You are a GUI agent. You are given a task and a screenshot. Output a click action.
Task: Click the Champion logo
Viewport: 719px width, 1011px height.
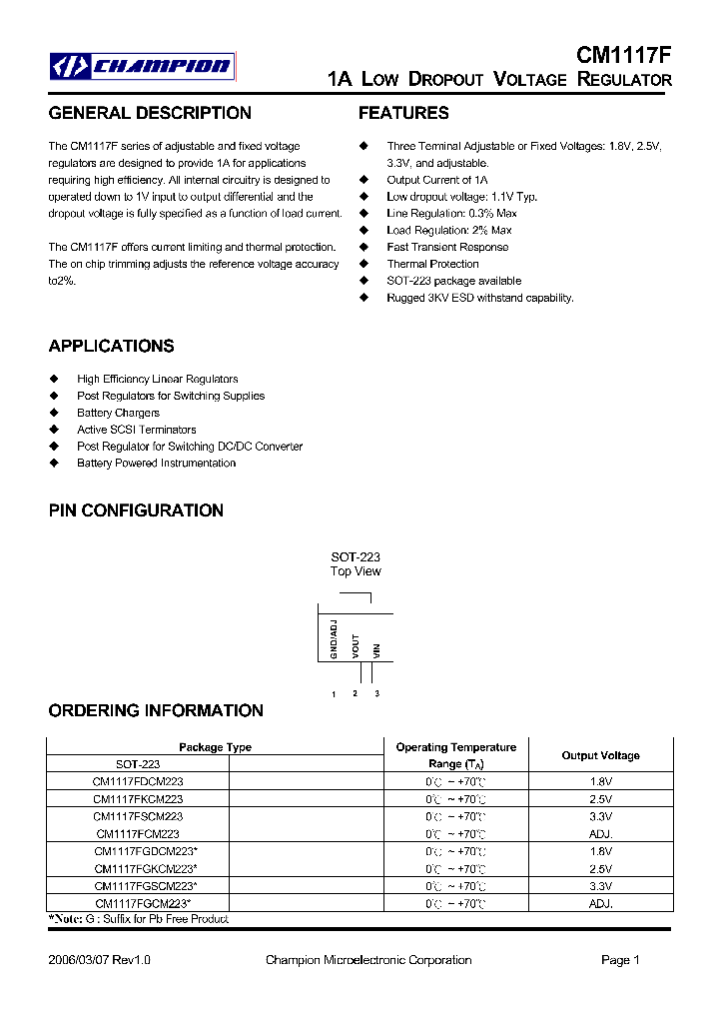point(143,66)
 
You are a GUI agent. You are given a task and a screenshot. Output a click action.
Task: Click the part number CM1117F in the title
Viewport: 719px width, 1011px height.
point(624,56)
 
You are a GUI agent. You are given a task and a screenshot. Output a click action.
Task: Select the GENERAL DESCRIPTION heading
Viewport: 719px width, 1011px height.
point(150,113)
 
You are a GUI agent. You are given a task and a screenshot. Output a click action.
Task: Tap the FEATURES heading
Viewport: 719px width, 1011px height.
point(403,113)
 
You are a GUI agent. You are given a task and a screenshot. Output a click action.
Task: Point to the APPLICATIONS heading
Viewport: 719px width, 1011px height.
point(111,346)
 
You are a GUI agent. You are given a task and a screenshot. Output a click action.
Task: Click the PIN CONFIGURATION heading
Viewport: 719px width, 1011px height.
point(136,510)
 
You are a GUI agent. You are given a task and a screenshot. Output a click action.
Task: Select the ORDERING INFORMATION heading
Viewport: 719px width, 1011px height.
point(156,710)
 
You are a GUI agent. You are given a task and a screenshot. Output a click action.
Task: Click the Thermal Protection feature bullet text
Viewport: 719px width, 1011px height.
point(432,264)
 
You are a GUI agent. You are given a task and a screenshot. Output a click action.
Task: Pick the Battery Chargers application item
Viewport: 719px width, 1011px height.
point(118,413)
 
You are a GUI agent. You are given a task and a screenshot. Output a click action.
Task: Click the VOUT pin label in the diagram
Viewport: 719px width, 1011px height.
point(356,645)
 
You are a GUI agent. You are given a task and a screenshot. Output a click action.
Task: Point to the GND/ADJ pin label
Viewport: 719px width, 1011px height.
point(334,639)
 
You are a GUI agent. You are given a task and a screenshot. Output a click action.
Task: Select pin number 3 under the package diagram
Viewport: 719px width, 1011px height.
point(376,693)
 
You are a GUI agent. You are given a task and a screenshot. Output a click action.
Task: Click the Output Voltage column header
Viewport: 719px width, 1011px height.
point(600,755)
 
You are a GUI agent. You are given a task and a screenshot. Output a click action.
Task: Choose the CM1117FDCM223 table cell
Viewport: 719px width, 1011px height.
point(138,781)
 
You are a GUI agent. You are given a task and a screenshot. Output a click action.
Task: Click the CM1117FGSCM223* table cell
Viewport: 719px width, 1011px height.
point(146,885)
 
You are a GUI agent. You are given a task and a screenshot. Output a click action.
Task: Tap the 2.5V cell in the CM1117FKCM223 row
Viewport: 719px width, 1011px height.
point(600,799)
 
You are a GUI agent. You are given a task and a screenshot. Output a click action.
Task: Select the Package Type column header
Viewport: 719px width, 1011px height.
point(215,747)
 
